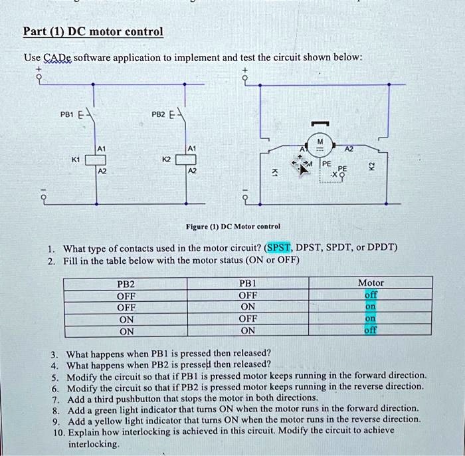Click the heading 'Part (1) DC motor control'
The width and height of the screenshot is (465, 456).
click(92, 32)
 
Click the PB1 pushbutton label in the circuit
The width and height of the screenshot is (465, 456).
click(68, 114)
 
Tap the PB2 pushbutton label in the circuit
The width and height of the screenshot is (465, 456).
click(158, 114)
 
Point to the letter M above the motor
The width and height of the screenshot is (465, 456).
click(321, 140)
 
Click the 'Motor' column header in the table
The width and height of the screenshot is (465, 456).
click(370, 283)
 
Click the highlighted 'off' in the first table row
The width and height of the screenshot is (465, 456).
click(370, 295)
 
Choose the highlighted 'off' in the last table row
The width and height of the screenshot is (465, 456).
click(370, 330)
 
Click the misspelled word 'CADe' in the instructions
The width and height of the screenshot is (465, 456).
click(54, 57)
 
